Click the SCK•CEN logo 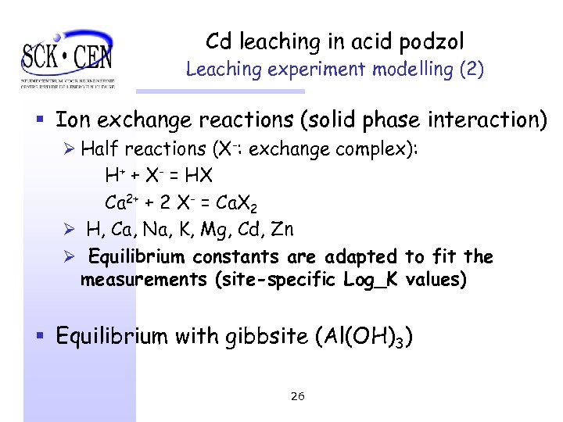68,57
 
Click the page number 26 297,396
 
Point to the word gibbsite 270,337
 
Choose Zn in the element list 280,230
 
